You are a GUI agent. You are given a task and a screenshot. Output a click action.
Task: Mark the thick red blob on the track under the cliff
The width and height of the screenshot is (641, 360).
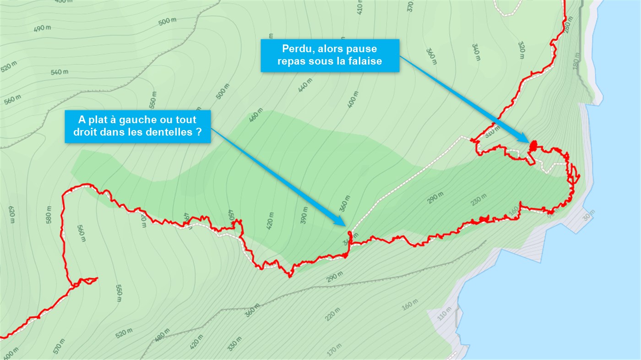tap(533, 146)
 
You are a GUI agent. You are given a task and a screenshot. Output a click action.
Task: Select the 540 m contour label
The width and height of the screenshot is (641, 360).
tap(60, 72)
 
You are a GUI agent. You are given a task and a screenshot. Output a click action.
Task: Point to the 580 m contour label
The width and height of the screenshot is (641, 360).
tap(49, 215)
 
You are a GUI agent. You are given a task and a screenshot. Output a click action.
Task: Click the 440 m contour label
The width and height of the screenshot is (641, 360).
tap(304, 85)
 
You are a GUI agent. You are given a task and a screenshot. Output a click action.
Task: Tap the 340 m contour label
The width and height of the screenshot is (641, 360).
tap(476, 52)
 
